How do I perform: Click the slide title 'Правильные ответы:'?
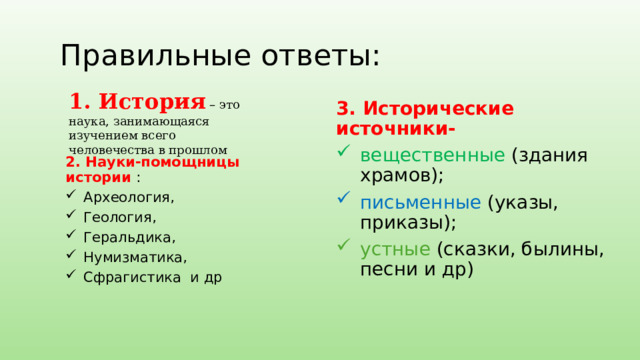(220, 55)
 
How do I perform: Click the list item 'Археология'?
(129, 196)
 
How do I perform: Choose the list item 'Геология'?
(120, 216)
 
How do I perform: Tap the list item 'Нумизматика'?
(135, 257)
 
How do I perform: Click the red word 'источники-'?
(397, 129)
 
